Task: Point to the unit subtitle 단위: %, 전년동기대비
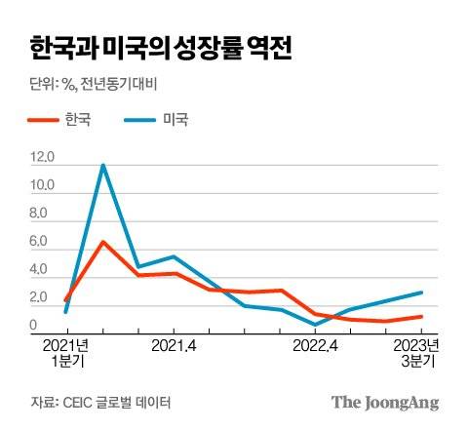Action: (x=97, y=83)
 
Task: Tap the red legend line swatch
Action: (x=48, y=121)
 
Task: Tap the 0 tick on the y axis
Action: (x=35, y=326)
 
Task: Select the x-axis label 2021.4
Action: (x=175, y=345)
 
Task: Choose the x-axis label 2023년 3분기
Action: (x=421, y=353)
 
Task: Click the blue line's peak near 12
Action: (x=102, y=165)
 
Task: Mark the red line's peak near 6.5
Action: (x=102, y=242)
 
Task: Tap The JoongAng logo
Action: (x=385, y=402)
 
